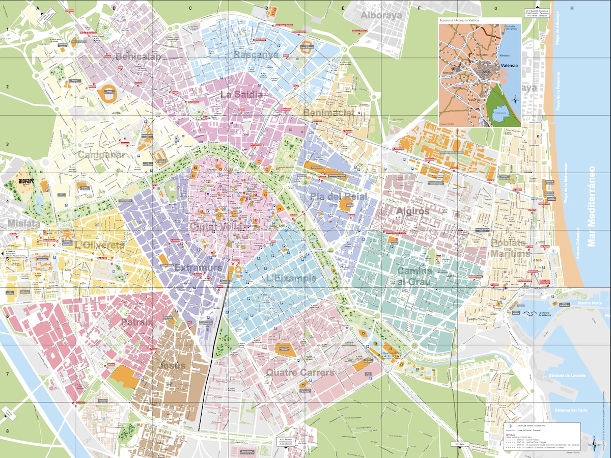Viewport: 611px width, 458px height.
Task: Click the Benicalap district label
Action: [138, 57]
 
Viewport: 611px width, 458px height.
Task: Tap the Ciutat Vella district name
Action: [215, 226]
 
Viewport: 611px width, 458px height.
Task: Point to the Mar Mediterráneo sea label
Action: [591, 206]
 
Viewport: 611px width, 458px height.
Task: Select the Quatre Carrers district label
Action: [300, 373]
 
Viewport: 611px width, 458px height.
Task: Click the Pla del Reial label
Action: [331, 196]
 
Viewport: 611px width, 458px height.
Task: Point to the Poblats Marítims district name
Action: [510, 248]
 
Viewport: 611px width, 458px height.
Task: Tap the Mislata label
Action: [23, 223]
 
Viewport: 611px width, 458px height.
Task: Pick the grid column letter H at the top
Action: [572, 8]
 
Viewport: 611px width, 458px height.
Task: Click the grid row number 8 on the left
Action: [7, 431]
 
